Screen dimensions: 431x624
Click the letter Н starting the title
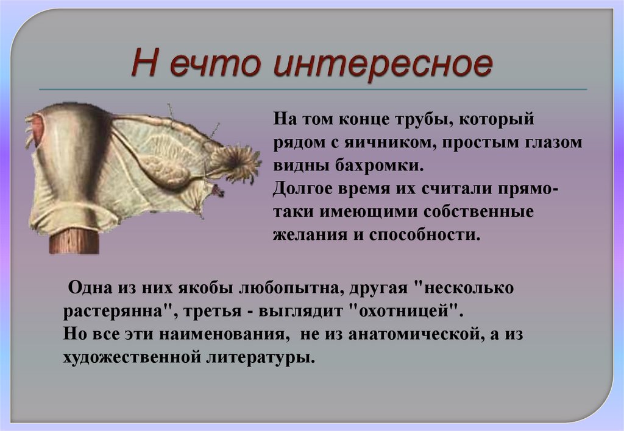pyautogui.click(x=144, y=65)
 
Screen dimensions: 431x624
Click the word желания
pyautogui.click(x=301, y=234)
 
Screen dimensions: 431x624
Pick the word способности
pyautogui.click(x=424, y=234)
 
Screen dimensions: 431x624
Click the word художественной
pyautogui.click(x=128, y=357)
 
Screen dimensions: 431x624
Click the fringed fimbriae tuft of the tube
pyautogui.click(x=239, y=161)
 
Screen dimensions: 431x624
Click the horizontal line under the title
pyautogui.click(x=312, y=90)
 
